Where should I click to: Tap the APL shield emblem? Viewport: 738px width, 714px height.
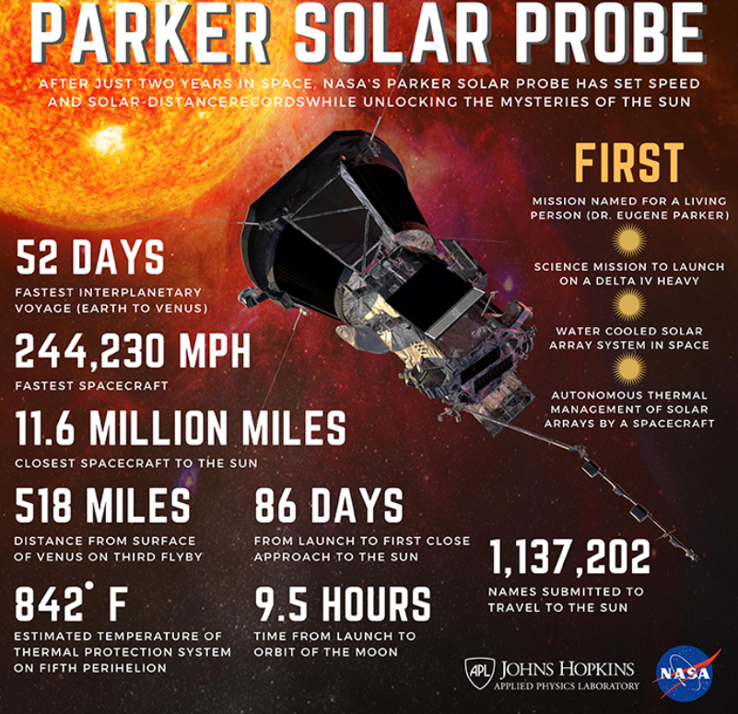tap(480, 673)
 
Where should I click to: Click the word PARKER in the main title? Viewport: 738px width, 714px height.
tap(150, 35)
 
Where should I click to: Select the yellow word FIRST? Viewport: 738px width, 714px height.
tap(628, 163)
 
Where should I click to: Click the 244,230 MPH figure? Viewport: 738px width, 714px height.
tap(133, 351)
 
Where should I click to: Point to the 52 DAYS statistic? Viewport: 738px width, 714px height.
tap(90, 257)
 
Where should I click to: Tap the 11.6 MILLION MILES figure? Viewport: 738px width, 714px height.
tap(181, 427)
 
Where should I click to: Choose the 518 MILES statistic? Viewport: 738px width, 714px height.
tap(102, 505)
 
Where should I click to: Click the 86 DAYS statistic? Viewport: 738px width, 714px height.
tap(329, 506)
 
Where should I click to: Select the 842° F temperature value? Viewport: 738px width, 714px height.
tap(71, 602)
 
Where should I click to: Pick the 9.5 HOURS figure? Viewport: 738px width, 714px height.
tap(343, 603)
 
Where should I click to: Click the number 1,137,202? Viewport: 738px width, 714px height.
tap(570, 557)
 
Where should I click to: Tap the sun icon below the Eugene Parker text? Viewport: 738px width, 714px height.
tap(628, 240)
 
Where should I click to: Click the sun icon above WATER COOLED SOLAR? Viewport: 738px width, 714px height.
tap(628, 305)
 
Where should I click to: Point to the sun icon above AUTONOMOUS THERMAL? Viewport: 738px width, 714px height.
tap(628, 369)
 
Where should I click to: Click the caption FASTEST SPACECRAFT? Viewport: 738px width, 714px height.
tap(91, 386)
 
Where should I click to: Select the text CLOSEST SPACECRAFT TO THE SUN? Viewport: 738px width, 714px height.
tap(136, 463)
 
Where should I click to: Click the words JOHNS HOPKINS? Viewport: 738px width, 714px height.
tap(568, 669)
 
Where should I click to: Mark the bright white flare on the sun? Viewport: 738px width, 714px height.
tap(107, 139)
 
